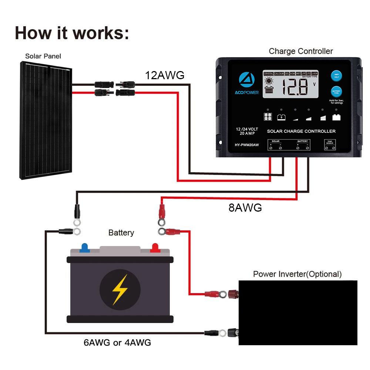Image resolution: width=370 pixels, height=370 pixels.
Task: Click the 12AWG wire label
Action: click(165, 75)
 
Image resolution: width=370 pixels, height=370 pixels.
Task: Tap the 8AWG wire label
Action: click(245, 208)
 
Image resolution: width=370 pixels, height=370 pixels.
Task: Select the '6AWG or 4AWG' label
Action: click(117, 343)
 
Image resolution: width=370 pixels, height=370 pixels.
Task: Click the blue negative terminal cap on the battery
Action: click(85, 247)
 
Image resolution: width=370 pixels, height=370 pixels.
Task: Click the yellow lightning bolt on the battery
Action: click(120, 289)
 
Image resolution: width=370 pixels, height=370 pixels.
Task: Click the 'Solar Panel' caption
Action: click(43, 56)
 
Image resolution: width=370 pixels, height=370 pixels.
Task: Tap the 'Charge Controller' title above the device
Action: click(300, 51)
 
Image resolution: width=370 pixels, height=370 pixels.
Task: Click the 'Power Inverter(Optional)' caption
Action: click(297, 274)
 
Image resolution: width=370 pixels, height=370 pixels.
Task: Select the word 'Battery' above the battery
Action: click(121, 233)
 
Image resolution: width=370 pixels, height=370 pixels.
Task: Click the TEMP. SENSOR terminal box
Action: click(330, 145)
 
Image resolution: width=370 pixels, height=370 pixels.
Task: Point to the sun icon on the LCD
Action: click(269, 80)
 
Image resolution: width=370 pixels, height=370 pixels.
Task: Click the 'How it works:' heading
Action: click(72, 33)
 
